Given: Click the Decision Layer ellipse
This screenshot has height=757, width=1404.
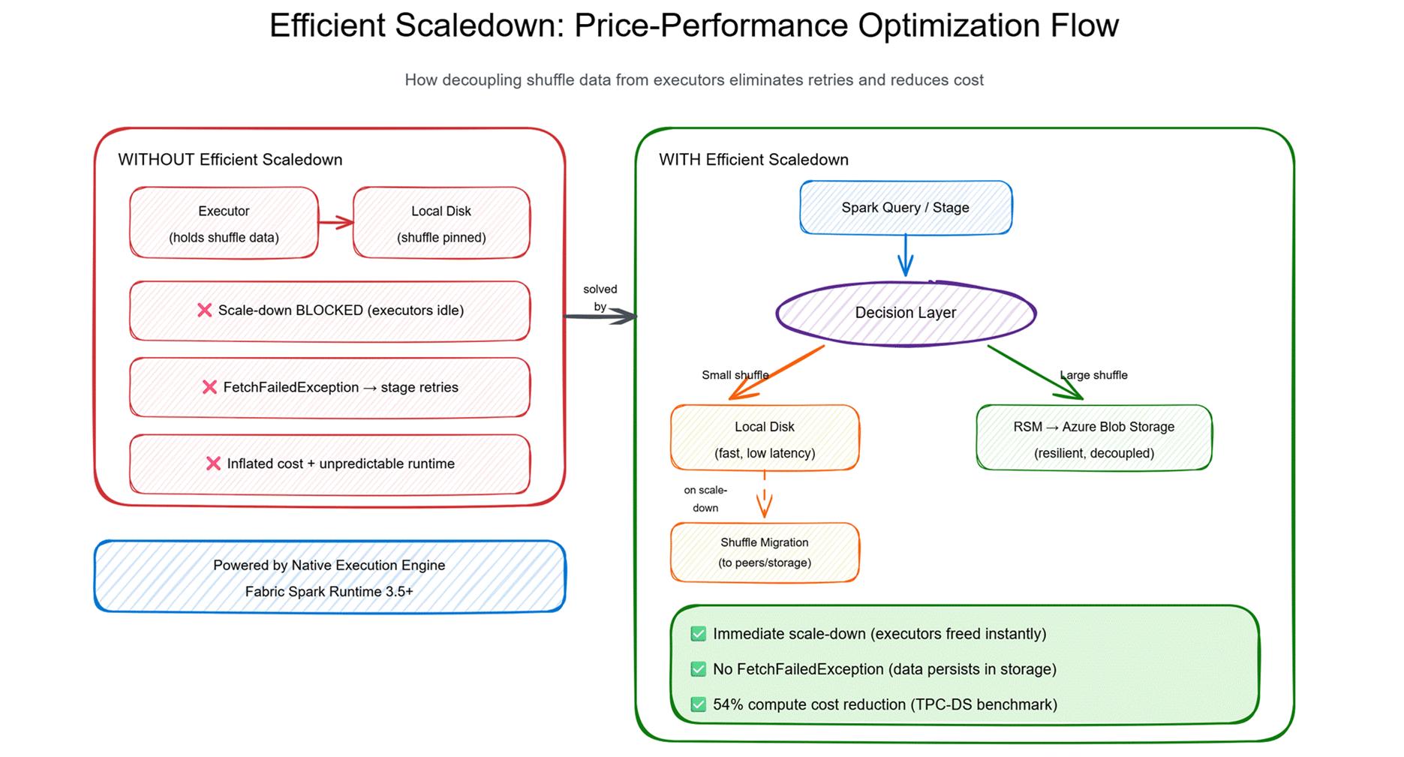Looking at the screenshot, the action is [x=906, y=313].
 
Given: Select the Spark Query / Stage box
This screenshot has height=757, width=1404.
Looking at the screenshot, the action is [x=906, y=208].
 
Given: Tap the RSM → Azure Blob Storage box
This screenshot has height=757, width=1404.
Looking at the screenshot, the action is [x=1094, y=438].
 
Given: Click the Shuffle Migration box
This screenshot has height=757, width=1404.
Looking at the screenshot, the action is [x=765, y=552].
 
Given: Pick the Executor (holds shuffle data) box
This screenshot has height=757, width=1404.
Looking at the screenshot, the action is [x=224, y=223].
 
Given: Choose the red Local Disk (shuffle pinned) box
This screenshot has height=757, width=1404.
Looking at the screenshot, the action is [x=441, y=223].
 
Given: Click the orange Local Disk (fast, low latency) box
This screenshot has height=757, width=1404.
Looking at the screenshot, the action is [x=765, y=438].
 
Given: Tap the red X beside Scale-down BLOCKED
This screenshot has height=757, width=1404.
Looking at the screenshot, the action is [x=204, y=310].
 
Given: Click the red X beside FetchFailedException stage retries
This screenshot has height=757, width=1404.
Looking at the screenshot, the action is [x=209, y=387].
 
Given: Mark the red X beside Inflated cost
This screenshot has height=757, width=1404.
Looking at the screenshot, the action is [x=213, y=464].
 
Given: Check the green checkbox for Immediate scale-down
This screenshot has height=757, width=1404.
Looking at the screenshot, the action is [x=698, y=634].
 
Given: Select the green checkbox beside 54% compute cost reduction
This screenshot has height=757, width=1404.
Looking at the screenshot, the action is [x=698, y=704].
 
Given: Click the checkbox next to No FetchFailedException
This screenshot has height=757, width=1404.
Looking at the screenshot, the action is [x=698, y=669].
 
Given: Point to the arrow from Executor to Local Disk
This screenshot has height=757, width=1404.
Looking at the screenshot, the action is [x=335, y=222].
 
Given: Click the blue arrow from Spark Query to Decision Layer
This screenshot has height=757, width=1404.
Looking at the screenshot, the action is [x=906, y=256].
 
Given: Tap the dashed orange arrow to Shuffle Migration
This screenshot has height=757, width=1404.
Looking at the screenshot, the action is [x=765, y=494].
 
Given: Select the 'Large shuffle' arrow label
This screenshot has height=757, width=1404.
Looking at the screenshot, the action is [x=1093, y=375].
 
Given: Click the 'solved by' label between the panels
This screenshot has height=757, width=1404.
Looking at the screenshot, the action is [x=600, y=298].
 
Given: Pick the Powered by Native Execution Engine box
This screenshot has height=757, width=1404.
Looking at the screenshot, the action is [x=329, y=576].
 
